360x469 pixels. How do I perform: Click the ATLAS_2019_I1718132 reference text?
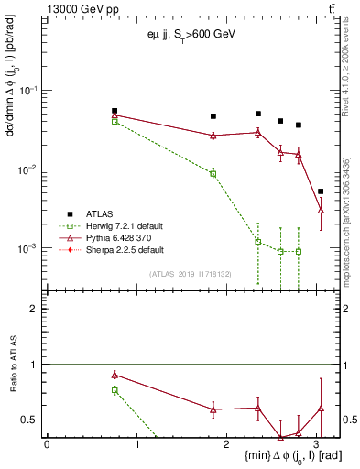(191, 273)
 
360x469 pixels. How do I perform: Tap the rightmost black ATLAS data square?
(321, 191)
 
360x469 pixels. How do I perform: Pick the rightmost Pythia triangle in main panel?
(321, 211)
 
